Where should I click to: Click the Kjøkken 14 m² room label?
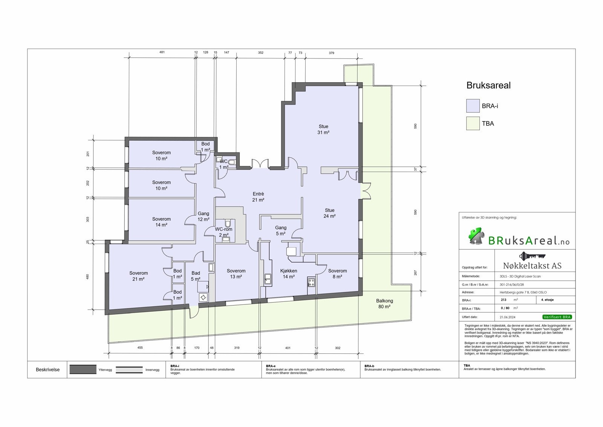point(289,273)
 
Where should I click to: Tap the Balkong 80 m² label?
point(384,304)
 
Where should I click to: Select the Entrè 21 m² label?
point(258,197)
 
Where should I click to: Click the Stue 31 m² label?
point(323,129)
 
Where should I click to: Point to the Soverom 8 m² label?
point(337,273)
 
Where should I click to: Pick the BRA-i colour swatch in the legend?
point(473,106)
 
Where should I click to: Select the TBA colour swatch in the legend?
point(473,123)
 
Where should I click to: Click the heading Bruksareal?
point(488,85)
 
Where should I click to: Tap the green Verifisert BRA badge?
point(557,317)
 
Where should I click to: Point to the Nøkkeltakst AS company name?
point(532,266)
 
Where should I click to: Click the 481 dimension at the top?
point(162,52)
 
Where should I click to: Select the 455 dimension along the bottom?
point(140,348)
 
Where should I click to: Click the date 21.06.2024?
point(507,317)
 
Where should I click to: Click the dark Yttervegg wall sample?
point(83,369)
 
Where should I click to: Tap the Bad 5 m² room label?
point(196,276)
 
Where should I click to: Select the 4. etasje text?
point(547,300)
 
